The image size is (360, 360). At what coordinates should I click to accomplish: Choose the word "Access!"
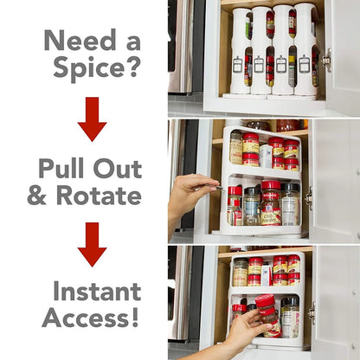pyautogui.click(x=90, y=318)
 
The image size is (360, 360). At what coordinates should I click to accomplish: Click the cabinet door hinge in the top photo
pyautogui.click(x=325, y=60)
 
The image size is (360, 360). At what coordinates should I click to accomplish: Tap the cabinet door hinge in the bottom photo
pyautogui.click(x=311, y=310)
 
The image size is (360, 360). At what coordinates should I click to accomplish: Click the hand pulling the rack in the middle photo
pyautogui.click(x=190, y=196)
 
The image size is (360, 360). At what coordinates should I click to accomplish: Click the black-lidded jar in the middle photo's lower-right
pyautogui.click(x=289, y=202)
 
